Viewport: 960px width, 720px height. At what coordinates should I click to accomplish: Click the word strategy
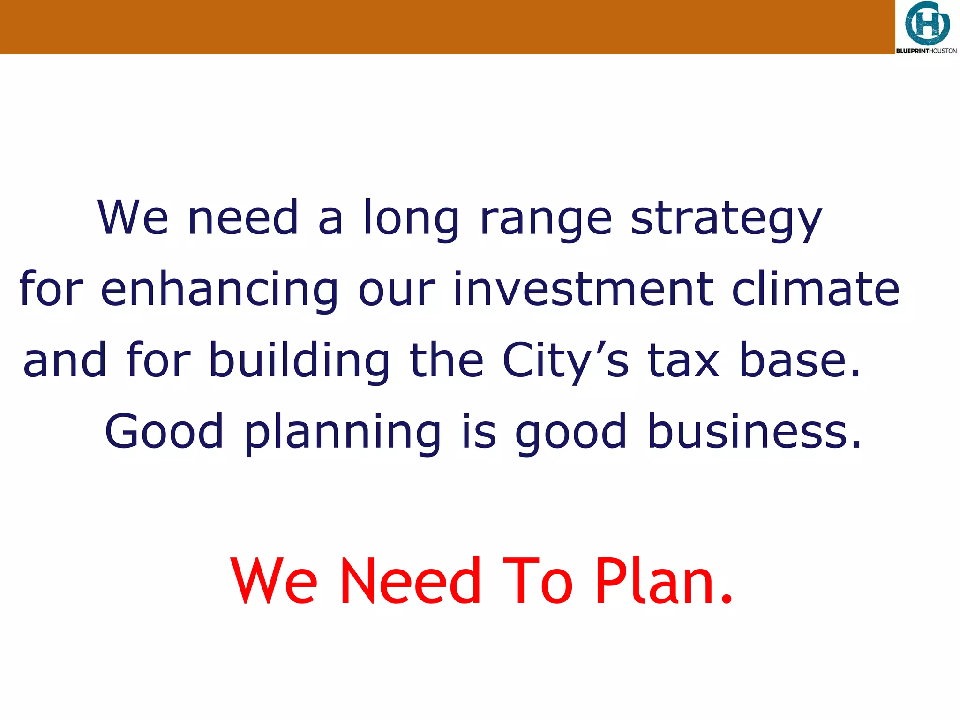(726, 219)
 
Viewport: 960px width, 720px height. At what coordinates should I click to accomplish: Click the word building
(299, 361)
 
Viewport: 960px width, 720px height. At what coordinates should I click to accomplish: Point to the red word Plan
(664, 581)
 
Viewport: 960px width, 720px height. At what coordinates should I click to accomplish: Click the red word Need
(411, 581)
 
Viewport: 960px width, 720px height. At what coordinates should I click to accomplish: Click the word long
(411, 219)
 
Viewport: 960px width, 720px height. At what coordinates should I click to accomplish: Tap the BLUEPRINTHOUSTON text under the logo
(926, 51)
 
